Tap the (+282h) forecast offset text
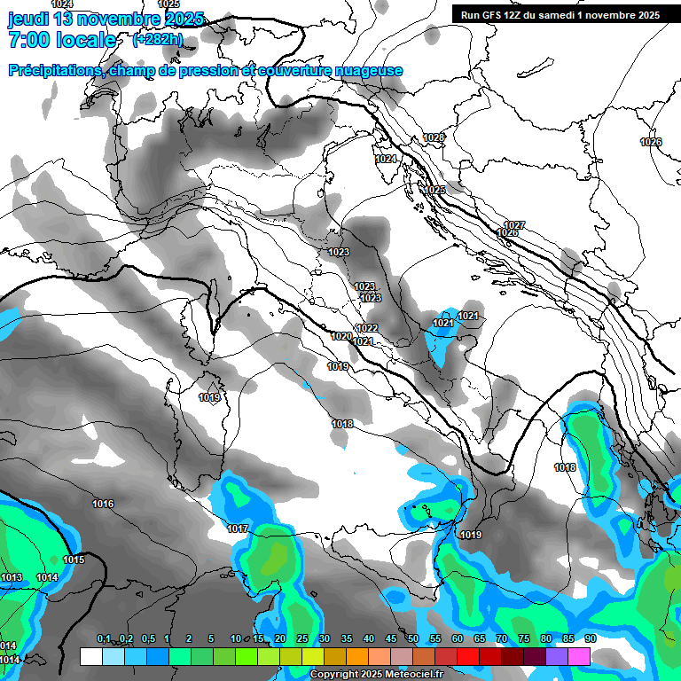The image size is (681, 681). point(158,39)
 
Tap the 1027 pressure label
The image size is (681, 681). point(514,224)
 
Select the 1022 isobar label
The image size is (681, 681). point(366,328)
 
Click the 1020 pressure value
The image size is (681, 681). point(342,336)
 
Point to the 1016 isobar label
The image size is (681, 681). point(103,504)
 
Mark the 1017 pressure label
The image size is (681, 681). point(237,528)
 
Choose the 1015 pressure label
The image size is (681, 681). point(74,560)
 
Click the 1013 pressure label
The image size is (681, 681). point(12,577)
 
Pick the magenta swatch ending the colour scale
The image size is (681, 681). point(579,656)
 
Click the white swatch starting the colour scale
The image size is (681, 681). point(90,656)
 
